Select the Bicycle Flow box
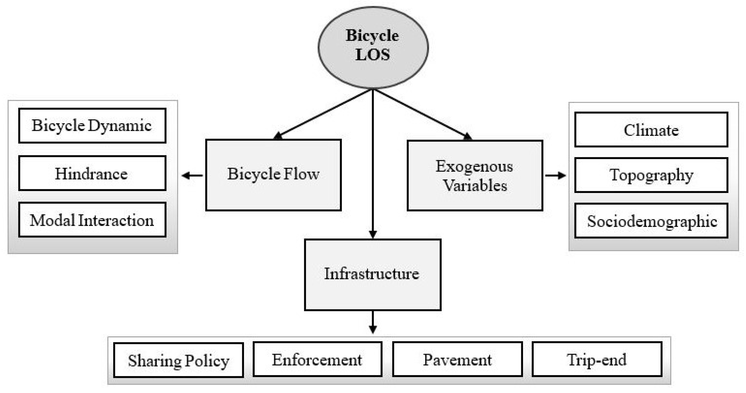point(273,175)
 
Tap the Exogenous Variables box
point(475,175)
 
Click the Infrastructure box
point(372,274)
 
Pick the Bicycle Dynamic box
point(92,126)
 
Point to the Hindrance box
point(92,173)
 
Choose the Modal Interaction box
point(92,220)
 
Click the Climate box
point(651,130)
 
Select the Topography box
point(651,175)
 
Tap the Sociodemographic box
point(651,221)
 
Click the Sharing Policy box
point(178,360)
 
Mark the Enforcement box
point(317,359)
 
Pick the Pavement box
point(457,359)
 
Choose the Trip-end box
point(597,359)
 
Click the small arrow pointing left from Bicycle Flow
point(192,175)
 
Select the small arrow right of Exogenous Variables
point(555,175)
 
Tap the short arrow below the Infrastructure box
point(373,322)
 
